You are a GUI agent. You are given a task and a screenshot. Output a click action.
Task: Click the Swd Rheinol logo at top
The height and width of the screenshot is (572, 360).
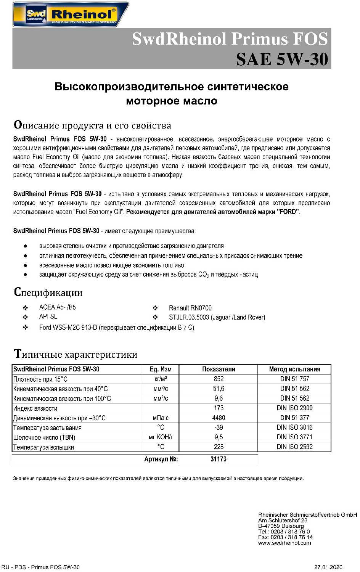point(71,14)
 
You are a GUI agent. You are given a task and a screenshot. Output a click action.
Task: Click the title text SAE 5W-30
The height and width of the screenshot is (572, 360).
point(282,59)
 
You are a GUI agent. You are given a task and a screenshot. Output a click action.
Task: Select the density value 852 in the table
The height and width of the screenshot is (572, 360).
point(219,379)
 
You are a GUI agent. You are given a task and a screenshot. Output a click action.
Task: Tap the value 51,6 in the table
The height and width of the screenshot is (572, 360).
point(219,389)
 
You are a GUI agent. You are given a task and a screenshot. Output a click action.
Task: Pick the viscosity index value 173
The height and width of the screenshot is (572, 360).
point(219,408)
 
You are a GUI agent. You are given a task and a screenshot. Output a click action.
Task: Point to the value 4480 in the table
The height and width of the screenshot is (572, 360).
point(219,418)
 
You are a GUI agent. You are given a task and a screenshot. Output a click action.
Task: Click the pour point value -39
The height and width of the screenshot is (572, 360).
point(219,427)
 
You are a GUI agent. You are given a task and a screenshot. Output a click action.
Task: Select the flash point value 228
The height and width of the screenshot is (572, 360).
point(219,447)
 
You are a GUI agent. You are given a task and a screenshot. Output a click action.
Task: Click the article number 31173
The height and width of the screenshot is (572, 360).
point(219,459)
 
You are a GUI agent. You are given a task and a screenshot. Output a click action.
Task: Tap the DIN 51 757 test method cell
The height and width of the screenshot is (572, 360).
point(294,379)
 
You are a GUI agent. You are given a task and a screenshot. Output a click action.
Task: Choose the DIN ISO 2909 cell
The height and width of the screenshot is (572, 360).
point(294,408)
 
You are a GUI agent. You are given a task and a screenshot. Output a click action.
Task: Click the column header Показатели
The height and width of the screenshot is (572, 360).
point(219,369)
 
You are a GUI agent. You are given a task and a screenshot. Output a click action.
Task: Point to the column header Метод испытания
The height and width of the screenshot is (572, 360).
point(294,369)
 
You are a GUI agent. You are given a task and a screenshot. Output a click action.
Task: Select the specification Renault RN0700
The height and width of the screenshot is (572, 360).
point(190,308)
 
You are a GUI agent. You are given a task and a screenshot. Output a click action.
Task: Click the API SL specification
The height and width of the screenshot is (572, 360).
point(48,317)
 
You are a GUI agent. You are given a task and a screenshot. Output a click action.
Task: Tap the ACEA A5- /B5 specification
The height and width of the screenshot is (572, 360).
point(57,307)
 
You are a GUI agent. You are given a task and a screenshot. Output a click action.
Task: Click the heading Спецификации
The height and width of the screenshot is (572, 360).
point(48,292)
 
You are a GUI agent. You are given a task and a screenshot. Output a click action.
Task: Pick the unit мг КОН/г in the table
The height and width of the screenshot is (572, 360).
point(161,437)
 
